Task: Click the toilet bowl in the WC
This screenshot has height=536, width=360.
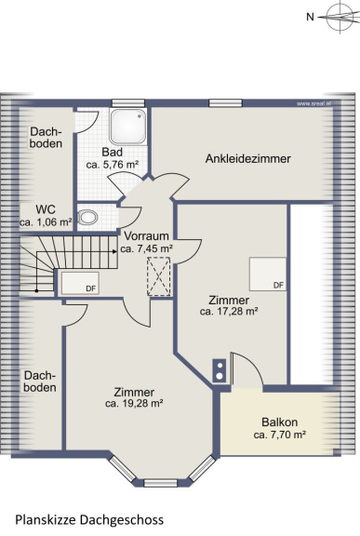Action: click(88, 217)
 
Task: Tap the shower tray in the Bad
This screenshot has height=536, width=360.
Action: click(128, 127)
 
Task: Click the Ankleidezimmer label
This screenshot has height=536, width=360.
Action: click(248, 158)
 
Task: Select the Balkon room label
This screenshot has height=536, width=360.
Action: click(279, 422)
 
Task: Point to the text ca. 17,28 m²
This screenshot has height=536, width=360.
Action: click(229, 311)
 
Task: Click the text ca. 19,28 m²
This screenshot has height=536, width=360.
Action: click(134, 403)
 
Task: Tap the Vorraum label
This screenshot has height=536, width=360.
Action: click(146, 235)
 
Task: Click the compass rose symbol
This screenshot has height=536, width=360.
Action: click(340, 17)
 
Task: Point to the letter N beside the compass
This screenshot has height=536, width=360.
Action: click(310, 17)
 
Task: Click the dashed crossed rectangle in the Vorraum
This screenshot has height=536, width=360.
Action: click(158, 276)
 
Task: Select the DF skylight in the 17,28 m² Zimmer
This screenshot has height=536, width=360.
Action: click(268, 275)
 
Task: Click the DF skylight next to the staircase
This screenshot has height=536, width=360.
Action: click(80, 283)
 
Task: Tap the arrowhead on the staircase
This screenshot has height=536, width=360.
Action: click(114, 251)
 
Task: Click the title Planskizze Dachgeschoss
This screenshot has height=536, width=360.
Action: click(89, 520)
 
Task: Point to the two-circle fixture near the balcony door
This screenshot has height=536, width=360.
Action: click(220, 371)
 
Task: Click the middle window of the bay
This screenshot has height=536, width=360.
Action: click(160, 483)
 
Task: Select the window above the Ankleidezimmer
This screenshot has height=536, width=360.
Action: click(225, 103)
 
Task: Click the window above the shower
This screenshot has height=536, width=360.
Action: click(128, 103)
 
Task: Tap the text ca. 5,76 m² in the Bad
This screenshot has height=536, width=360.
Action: click(113, 165)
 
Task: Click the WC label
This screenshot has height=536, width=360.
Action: click(46, 208)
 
